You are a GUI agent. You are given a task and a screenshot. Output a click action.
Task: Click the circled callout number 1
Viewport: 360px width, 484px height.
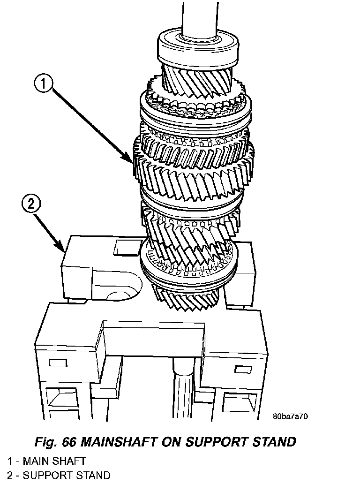click(x=43, y=84)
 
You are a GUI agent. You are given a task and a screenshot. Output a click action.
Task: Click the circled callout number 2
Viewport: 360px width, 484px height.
click(x=31, y=204)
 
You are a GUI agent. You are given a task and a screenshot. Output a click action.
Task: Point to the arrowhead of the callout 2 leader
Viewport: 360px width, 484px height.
click(x=64, y=249)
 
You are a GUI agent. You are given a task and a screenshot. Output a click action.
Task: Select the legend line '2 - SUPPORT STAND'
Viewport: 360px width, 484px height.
click(x=59, y=475)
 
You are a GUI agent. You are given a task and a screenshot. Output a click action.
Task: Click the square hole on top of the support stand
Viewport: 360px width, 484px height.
click(x=125, y=247)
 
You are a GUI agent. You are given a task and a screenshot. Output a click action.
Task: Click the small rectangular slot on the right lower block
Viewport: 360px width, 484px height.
click(x=244, y=367)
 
